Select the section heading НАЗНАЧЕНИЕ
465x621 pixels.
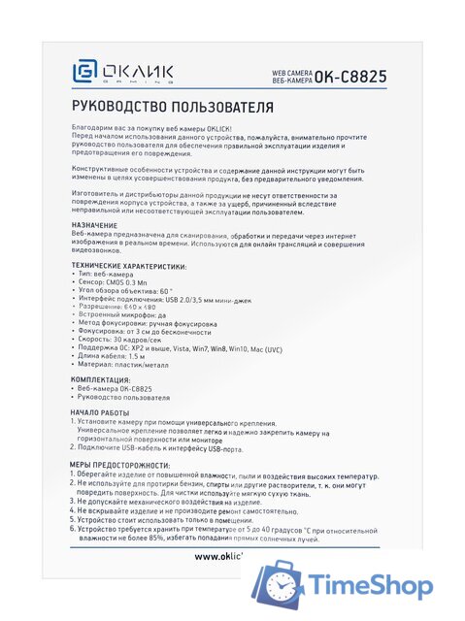pos(95,225)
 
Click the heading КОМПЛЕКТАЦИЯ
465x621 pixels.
pos(101,379)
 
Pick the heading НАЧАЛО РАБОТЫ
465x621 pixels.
pos(102,412)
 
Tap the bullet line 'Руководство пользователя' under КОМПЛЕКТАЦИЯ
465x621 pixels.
pos(126,397)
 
